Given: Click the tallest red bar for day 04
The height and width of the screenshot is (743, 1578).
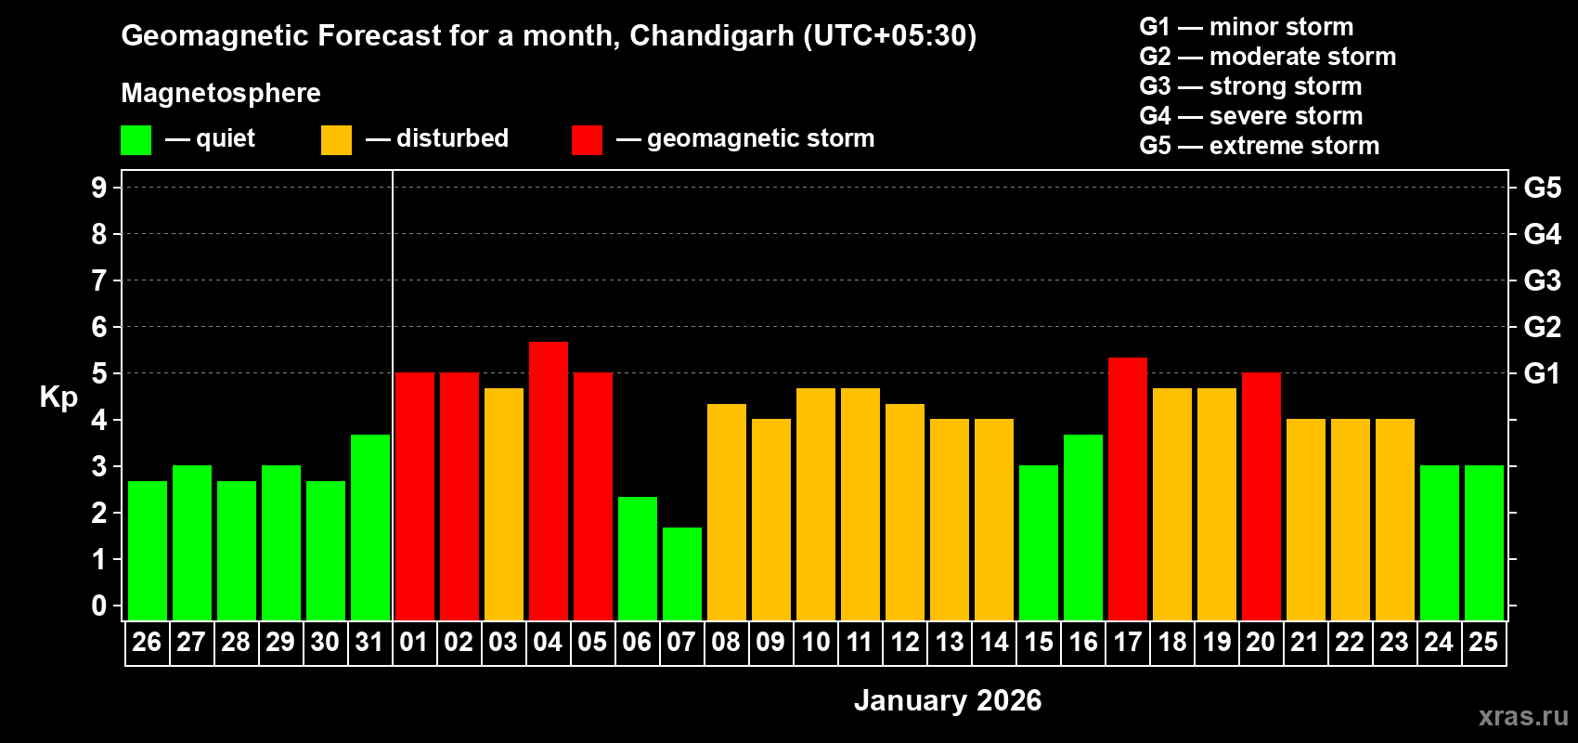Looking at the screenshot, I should click(548, 480).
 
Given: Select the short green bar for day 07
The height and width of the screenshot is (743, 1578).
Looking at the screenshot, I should click(681, 573).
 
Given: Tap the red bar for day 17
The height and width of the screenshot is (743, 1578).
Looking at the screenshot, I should click(1127, 488).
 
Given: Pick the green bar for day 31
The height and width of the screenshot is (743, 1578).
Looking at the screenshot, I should click(369, 527).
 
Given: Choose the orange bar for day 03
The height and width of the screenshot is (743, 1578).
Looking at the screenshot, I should click(503, 503).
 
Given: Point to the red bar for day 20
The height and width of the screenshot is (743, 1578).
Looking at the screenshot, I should click(1261, 496).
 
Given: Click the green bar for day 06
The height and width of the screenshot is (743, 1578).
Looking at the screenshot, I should click(637, 557).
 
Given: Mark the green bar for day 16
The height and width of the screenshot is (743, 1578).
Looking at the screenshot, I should click(1082, 527).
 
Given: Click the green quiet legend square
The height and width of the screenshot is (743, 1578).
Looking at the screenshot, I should click(136, 140).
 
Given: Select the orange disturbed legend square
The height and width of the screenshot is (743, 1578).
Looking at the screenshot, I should click(336, 140).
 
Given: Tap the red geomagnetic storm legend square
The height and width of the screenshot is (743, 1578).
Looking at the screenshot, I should click(587, 140).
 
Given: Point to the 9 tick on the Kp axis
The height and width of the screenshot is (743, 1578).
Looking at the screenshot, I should click(99, 188).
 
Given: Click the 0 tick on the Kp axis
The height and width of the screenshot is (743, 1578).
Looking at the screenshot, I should click(99, 606).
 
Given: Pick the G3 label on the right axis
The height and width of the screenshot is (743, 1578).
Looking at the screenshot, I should click(1542, 280).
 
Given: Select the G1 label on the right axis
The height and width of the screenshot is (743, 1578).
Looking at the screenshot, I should click(1542, 373).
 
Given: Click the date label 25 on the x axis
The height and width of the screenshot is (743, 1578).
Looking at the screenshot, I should click(1483, 643).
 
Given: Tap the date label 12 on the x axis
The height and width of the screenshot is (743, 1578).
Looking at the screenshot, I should click(904, 643).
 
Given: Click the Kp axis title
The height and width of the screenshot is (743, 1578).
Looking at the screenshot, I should click(58, 398).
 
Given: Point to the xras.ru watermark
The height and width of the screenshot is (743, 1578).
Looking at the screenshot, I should click(1522, 716).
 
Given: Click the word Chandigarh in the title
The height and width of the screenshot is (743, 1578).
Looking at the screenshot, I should click(711, 35).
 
